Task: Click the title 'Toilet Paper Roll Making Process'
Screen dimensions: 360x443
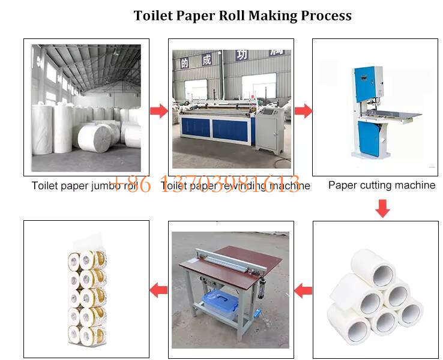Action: point(242,15)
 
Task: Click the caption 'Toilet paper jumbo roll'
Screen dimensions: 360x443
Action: point(84,186)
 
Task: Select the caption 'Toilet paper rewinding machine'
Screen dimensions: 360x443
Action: point(236,186)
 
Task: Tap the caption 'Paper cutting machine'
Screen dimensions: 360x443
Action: point(381,185)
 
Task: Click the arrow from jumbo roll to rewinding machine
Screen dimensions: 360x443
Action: point(158,111)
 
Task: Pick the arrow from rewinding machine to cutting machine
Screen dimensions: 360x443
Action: point(303,111)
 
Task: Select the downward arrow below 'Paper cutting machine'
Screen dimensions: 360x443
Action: point(382,208)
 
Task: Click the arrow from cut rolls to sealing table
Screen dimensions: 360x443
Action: point(303,291)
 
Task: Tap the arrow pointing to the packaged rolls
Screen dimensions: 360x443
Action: point(158,290)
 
